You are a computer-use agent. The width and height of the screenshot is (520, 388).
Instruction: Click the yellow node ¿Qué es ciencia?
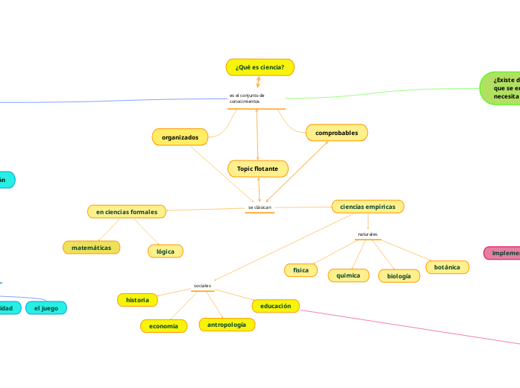pos(260,67)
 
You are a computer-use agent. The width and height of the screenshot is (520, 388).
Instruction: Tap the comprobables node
pos(336,133)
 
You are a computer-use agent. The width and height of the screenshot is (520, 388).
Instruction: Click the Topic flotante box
pos(257,169)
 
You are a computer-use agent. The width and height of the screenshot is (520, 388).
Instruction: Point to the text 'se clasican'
pos(260,207)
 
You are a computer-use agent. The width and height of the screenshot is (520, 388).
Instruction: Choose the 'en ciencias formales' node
pos(127,212)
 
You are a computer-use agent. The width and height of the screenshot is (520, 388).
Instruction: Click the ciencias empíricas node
pos(368,206)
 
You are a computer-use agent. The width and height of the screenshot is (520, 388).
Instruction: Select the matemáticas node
pos(91,247)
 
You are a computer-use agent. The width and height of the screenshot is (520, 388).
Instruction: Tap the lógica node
pos(166,251)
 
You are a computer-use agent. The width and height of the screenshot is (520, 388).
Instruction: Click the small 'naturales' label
pos(368,234)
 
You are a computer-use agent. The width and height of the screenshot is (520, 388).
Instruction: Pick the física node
pos(301,269)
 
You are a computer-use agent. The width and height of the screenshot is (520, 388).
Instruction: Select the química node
pos(348,275)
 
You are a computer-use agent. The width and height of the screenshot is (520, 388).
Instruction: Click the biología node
pos(399,276)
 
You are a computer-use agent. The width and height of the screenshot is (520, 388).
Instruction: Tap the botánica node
pos(447,266)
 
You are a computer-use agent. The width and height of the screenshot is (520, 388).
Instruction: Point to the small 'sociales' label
pos(202,286)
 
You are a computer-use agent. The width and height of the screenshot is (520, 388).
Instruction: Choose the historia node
pos(137,300)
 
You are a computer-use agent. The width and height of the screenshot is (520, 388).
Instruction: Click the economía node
pos(163,326)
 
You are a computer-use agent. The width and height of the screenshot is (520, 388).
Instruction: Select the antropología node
pos(226,325)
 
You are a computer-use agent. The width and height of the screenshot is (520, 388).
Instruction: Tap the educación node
pos(275,306)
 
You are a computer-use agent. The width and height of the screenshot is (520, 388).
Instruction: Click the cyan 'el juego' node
pos(46,307)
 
